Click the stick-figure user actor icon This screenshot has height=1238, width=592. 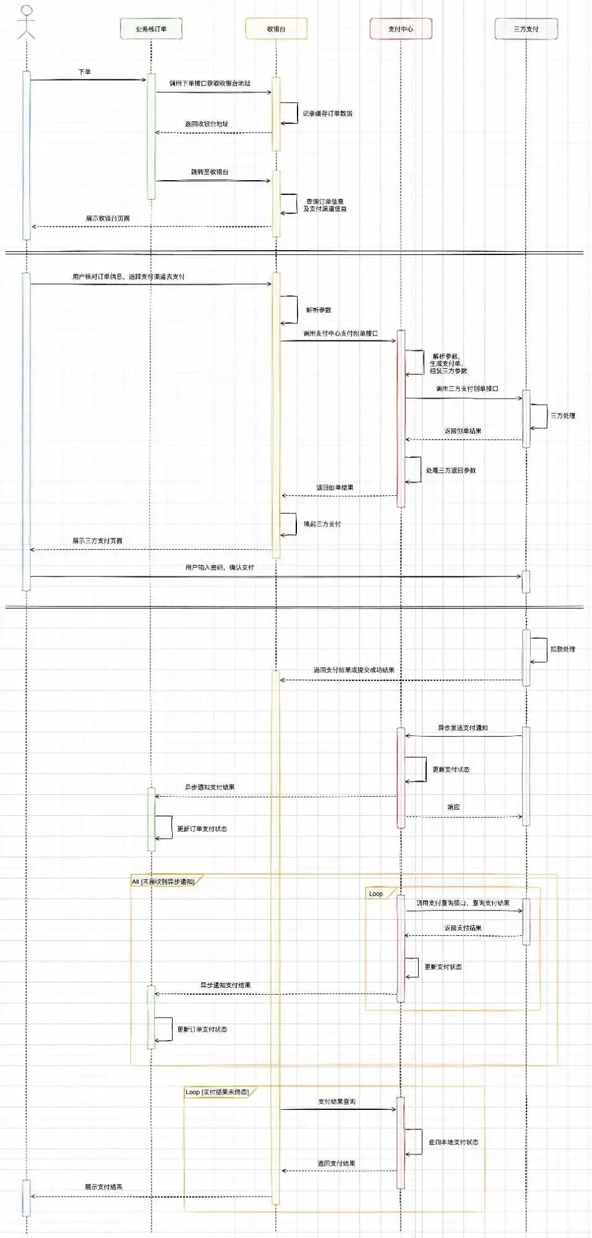coord(26,22)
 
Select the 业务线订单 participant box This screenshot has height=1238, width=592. coord(151,28)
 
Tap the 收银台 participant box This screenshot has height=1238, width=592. coord(276,28)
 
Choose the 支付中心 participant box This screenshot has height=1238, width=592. coord(400,28)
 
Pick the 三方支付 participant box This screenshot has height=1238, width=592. coord(526,28)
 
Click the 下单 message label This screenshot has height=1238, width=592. coord(84,72)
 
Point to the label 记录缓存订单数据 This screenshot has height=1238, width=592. coord(327,113)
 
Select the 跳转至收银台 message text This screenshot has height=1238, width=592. coord(210,171)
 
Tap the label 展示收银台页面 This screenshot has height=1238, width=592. coord(108,218)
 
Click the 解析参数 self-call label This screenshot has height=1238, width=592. coord(319,309)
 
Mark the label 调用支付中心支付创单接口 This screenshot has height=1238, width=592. coord(340,333)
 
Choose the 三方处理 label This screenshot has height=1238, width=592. coord(563,415)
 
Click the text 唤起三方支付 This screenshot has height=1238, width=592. coord(322,524)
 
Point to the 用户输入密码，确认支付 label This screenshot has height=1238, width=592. coord(220,567)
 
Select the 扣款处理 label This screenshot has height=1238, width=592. coord(563,649)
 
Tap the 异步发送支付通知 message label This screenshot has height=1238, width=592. coord(463,727)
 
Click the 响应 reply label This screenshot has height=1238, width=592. coord(453,807)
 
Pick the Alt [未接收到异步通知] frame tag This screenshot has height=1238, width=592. coord(163,881)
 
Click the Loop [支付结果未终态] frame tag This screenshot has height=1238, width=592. coord(217,1092)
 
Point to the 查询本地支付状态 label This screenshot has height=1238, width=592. coord(453,1142)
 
